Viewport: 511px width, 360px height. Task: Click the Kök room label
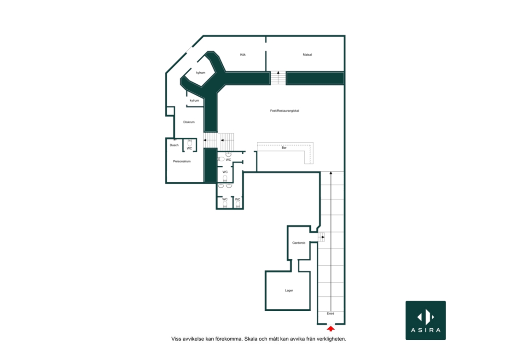click(243, 55)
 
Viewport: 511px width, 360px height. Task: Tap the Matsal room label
click(308, 55)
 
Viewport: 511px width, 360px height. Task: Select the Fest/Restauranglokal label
click(285, 111)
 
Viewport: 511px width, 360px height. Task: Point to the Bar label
click(284, 148)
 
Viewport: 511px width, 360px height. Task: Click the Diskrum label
click(189, 122)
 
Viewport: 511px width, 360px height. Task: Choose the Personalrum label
click(182, 161)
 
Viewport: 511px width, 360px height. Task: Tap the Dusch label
click(174, 145)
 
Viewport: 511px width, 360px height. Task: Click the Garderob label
click(299, 243)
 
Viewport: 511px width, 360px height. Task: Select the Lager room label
click(289, 290)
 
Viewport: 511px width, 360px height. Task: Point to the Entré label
click(331, 314)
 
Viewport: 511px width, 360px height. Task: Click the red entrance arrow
click(331, 329)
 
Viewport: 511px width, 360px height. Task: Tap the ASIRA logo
click(426, 320)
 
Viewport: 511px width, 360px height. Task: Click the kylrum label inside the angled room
click(201, 73)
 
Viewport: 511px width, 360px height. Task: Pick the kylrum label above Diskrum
click(194, 101)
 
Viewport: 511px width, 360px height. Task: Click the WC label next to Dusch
click(189, 149)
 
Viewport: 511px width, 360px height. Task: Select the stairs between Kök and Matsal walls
click(279, 78)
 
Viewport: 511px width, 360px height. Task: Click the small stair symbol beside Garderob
click(322, 237)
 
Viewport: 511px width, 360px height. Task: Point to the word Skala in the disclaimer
click(252, 339)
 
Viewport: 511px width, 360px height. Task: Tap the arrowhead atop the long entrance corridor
click(331, 173)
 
